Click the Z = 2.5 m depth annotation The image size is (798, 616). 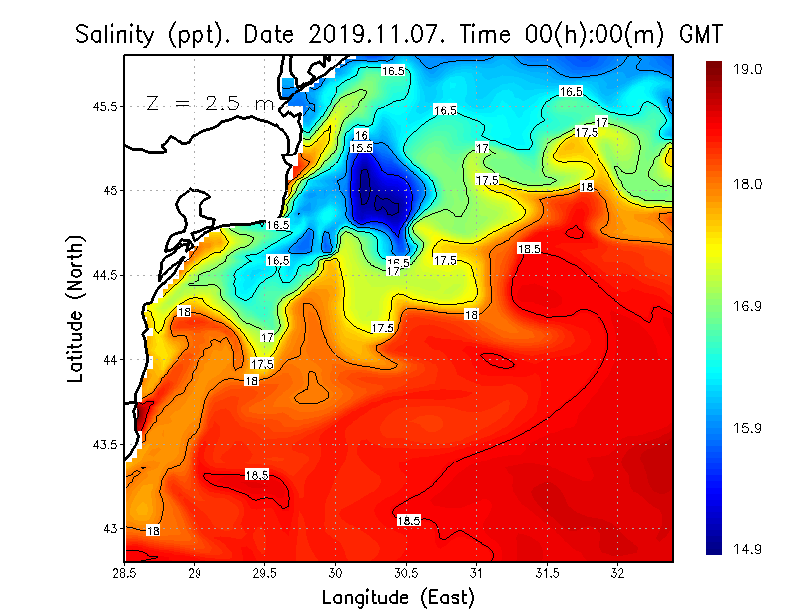[209, 102]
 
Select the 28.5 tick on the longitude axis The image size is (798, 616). [125, 573]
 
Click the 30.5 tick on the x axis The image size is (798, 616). [407, 573]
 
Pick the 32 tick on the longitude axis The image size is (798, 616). [618, 573]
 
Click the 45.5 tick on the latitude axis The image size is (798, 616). [102, 106]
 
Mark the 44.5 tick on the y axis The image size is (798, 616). [102, 275]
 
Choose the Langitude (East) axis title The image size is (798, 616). [398, 598]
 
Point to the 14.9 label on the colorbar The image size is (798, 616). [749, 549]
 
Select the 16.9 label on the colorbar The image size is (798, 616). [749, 307]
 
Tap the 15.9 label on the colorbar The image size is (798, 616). [749, 429]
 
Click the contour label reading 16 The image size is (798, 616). [361, 135]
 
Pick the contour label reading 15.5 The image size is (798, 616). [362, 148]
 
